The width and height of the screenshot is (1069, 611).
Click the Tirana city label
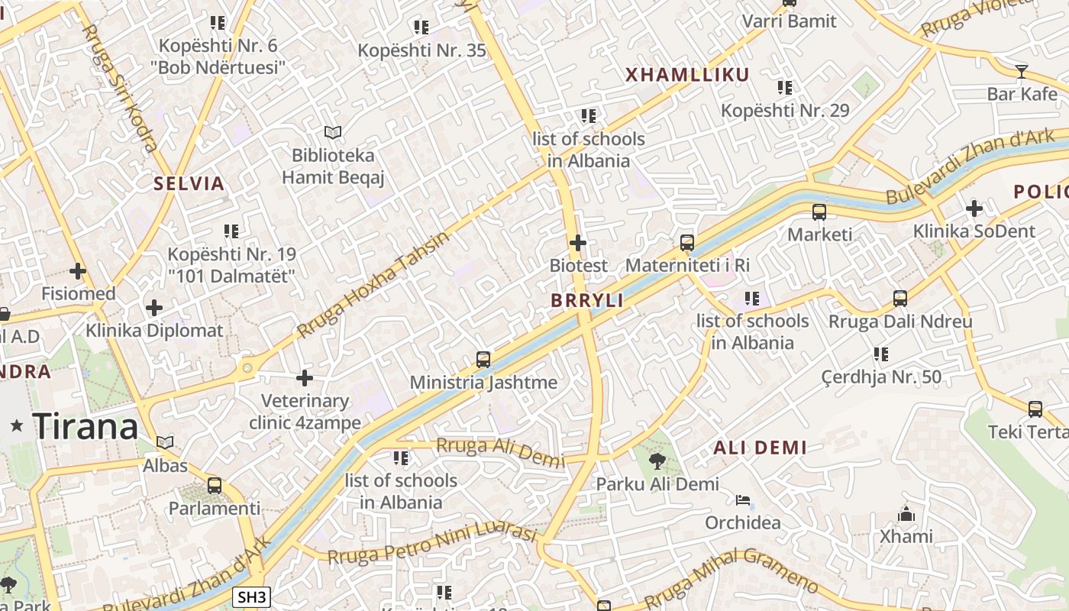(86, 426)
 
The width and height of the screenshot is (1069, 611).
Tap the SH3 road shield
(251, 597)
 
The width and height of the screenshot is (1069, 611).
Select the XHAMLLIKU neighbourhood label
(687, 75)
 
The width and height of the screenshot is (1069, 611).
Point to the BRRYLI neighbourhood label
(587, 301)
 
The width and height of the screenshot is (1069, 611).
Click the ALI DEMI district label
(760, 448)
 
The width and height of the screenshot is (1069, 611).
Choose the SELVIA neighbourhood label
(189, 184)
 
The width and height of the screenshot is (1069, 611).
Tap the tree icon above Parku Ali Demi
(657, 461)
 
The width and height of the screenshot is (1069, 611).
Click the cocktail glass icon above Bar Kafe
(1022, 72)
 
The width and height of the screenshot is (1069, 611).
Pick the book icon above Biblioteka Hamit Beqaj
(332, 133)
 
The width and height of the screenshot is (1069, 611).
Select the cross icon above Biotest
(578, 243)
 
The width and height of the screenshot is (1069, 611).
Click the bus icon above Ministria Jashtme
(483, 359)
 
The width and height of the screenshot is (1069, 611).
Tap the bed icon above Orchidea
(743, 500)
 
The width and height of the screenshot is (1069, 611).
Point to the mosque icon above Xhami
(906, 513)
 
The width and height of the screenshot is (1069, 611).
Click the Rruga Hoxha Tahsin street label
(373, 284)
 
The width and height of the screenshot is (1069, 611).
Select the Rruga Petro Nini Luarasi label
(432, 544)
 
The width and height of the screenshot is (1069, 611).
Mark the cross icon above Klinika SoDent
(974, 208)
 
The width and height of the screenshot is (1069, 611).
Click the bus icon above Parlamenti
(215, 485)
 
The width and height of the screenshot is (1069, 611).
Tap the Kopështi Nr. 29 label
(785, 111)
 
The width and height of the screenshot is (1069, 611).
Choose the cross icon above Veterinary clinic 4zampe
(305, 378)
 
